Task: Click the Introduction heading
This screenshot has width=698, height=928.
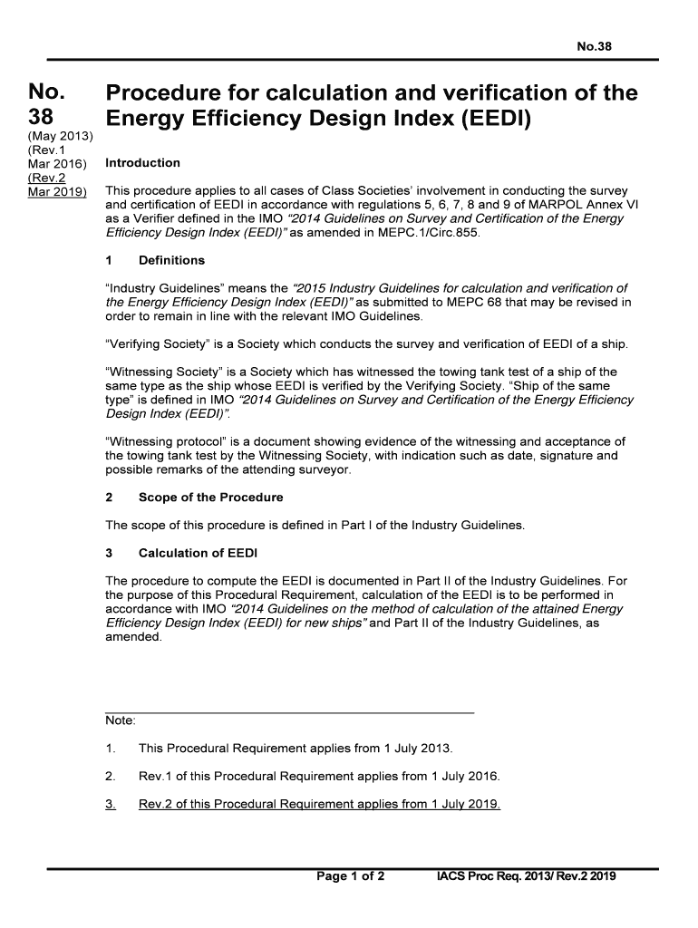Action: pyautogui.click(x=142, y=163)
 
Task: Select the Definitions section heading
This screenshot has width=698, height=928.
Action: pyautogui.click(x=171, y=260)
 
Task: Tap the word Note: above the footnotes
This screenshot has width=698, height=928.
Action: pyautogui.click(x=121, y=720)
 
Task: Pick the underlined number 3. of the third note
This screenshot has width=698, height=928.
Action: pyautogui.click(x=111, y=805)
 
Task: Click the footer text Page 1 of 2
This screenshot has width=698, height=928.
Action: pyautogui.click(x=350, y=876)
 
